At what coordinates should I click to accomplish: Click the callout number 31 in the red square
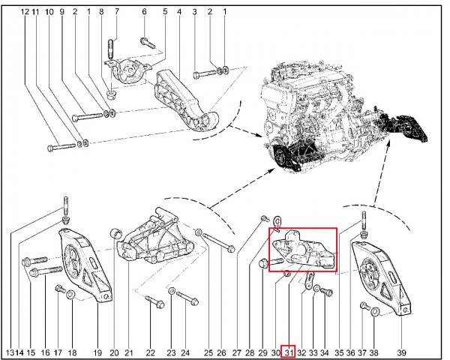[x=288, y=352]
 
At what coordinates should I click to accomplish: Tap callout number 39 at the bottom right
[x=401, y=352]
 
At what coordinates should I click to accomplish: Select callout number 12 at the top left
[x=25, y=12]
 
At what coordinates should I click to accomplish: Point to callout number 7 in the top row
[x=116, y=12]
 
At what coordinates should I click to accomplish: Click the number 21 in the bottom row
[x=129, y=352]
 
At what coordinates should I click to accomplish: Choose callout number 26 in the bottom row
[x=221, y=352]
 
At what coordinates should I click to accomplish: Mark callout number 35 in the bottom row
[x=339, y=352]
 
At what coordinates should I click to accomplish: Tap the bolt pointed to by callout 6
[x=148, y=43]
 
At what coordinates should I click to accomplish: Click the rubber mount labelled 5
[x=127, y=71]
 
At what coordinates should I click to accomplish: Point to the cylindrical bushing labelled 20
[x=116, y=234]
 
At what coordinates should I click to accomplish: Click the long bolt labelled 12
[x=61, y=147]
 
